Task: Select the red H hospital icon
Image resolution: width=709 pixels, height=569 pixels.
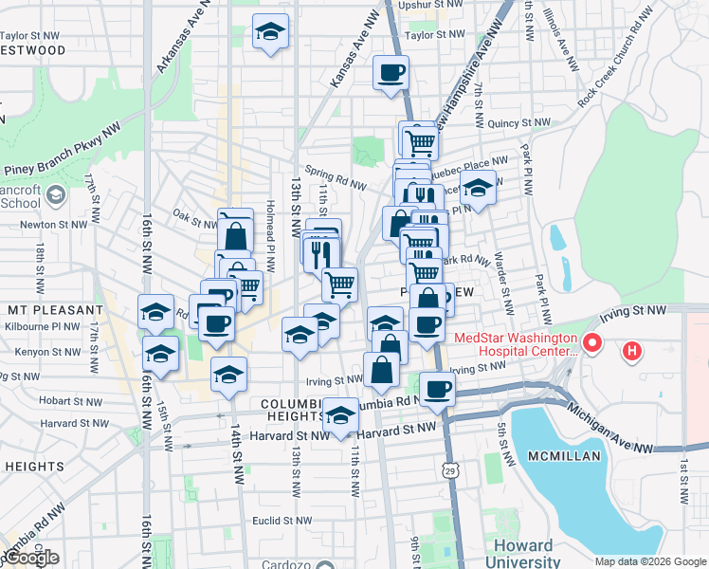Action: (x=632, y=354)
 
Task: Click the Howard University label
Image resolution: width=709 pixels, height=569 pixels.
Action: (x=522, y=554)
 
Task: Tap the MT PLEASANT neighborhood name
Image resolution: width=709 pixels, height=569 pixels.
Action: (x=54, y=310)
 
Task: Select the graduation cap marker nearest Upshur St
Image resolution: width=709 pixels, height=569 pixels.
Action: (x=270, y=32)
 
